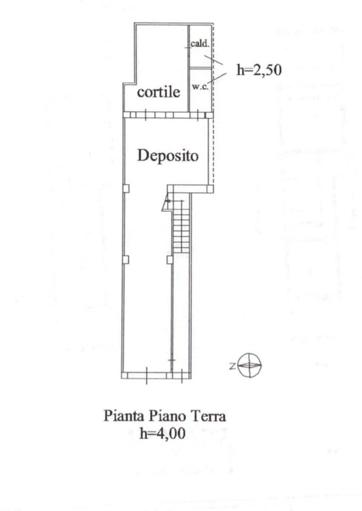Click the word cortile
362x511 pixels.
[x=159, y=93]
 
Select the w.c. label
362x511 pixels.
[x=200, y=87]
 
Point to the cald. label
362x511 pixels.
[x=199, y=44]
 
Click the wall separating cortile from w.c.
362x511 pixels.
[x=189, y=90]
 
